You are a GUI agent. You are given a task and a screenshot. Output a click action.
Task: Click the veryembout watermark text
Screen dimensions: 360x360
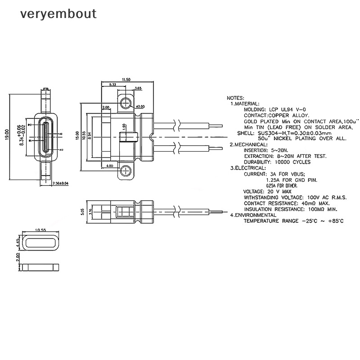[x=58, y=14]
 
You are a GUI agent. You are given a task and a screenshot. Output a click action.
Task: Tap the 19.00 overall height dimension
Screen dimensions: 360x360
[x=7, y=135]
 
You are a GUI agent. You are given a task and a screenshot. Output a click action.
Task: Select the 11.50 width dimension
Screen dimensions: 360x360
[x=126, y=80]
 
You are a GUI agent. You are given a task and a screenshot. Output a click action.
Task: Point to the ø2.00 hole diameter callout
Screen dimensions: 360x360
[x=140, y=107]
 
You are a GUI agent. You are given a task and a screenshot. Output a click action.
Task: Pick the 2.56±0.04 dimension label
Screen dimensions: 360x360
[x=60, y=183]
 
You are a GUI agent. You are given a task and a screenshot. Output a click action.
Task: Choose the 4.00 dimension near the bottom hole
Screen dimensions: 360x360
[x=110, y=166]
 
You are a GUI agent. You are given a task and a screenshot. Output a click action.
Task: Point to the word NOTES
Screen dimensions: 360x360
[x=235, y=98]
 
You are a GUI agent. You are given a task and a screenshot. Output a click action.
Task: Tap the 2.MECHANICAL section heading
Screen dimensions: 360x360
[x=247, y=144]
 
